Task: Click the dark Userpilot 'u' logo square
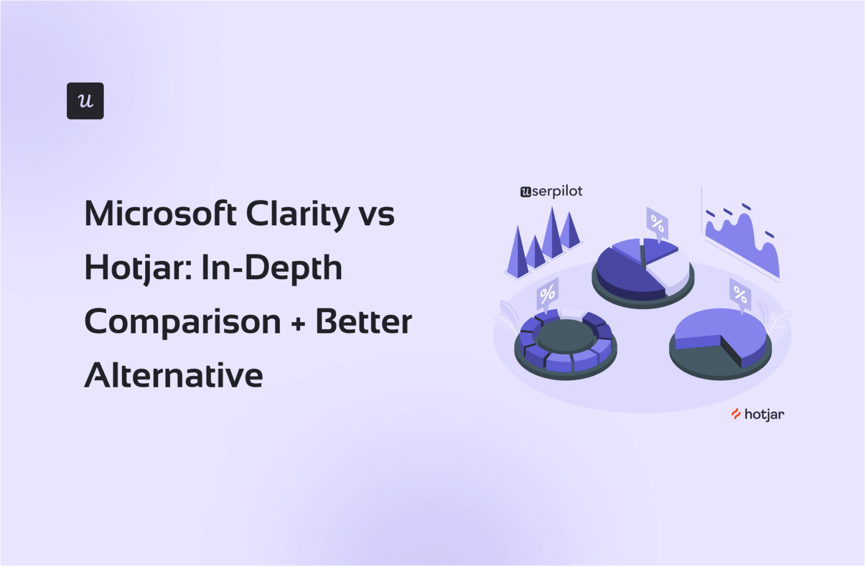85,101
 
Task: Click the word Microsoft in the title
160,214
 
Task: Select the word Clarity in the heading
298,214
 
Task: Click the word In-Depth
271,268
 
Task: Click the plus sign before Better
298,323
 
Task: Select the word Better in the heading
364,322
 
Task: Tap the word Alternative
173,376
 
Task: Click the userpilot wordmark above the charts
551,191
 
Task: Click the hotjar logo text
764,415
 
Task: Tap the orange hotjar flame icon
735,414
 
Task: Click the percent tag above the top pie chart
657,224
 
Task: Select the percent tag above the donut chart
547,293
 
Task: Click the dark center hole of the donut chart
565,336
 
